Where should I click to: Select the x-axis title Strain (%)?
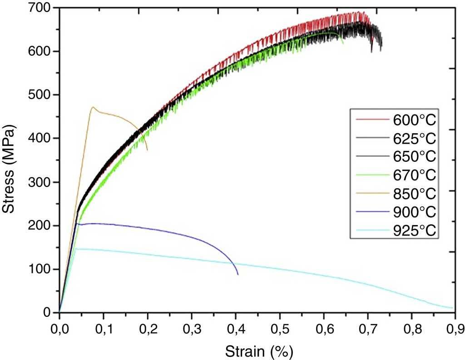257,351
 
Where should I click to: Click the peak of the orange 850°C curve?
93,107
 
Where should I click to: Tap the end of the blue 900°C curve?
237,275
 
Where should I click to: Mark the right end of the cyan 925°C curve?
453,308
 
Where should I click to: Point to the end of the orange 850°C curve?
147,150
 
